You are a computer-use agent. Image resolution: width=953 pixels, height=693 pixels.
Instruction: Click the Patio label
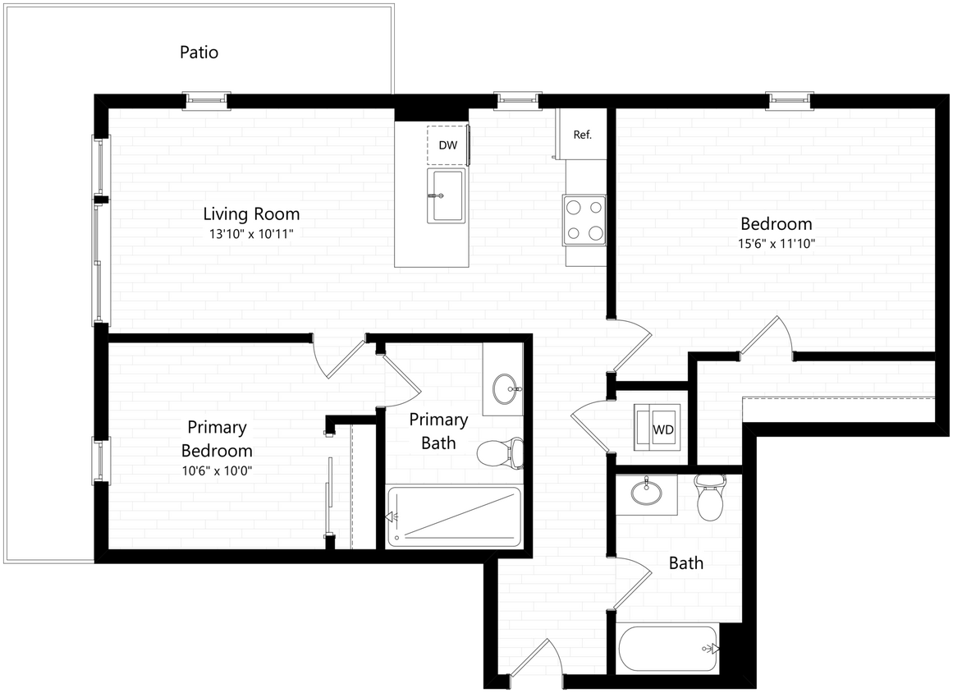[x=199, y=53]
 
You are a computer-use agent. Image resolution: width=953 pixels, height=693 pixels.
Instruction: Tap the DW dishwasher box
[x=447, y=145]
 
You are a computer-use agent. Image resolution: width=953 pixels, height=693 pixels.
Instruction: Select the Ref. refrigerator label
[x=582, y=135]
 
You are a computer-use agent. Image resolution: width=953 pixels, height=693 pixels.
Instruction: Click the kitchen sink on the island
[x=447, y=196]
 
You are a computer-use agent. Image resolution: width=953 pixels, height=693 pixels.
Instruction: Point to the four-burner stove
[x=584, y=220]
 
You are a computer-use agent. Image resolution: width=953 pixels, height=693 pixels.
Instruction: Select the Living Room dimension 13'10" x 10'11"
[x=251, y=234]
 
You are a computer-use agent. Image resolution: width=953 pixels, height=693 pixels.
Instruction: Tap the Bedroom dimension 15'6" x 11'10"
[x=777, y=243]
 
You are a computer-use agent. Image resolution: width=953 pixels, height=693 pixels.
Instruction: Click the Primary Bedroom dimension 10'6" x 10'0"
[x=217, y=471]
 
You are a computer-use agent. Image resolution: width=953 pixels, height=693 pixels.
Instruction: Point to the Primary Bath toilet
[x=501, y=452]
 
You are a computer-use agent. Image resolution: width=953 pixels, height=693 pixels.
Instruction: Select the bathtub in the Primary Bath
[x=454, y=516]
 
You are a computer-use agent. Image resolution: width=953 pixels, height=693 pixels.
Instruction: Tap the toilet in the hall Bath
[x=708, y=498]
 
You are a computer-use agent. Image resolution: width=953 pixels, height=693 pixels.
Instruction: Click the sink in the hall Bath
[x=646, y=493]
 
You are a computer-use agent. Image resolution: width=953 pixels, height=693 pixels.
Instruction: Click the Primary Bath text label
[x=438, y=431]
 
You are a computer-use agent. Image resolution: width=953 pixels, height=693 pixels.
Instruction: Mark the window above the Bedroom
[x=789, y=100]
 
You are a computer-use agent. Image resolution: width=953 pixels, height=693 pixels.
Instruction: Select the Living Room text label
[x=251, y=213]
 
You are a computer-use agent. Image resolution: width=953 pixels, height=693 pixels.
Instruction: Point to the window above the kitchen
[x=518, y=100]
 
